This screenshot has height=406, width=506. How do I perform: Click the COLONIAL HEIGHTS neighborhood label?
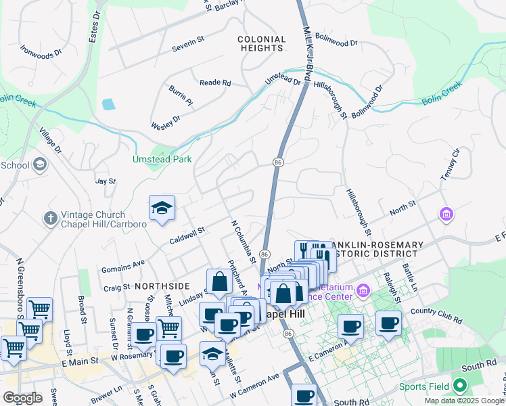[x=261, y=44]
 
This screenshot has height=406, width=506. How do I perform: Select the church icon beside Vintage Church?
[x=49, y=218]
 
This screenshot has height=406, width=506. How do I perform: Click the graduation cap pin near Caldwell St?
[x=162, y=208]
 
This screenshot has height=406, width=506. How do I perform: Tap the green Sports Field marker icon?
[x=461, y=386]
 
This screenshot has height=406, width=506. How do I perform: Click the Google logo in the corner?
[x=22, y=398]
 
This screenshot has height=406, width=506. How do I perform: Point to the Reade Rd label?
[x=215, y=83]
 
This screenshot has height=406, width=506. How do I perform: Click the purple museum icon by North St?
[x=446, y=215]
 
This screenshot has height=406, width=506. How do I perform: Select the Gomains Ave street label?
[x=123, y=265]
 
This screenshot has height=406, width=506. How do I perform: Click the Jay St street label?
[x=106, y=181]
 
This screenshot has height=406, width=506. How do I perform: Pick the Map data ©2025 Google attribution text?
[x=463, y=401]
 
